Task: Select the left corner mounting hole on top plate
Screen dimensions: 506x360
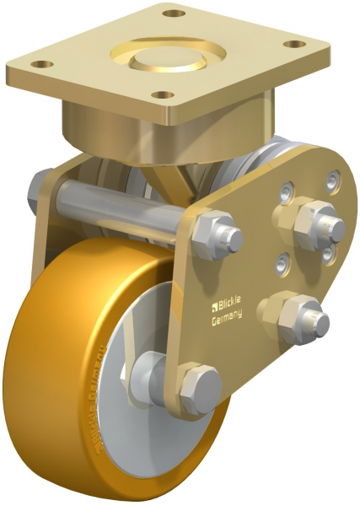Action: tap(45, 64)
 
